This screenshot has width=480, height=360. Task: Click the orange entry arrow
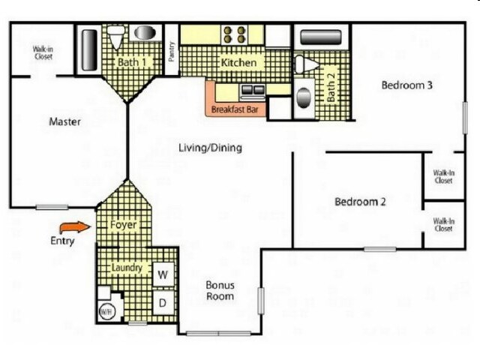click(x=75, y=227)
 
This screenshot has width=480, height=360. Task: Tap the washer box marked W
click(x=163, y=274)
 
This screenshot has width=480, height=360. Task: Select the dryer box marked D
click(x=163, y=302)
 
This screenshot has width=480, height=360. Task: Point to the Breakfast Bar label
click(x=235, y=109)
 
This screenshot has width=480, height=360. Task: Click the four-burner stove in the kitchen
click(x=235, y=34)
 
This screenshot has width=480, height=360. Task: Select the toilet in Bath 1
click(x=116, y=37)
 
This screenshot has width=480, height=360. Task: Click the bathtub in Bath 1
click(x=89, y=50)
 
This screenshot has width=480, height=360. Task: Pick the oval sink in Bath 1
click(x=145, y=33)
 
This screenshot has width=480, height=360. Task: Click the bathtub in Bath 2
click(x=320, y=37)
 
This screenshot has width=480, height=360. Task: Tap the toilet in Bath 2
click(x=307, y=64)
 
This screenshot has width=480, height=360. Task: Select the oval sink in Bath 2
click(x=304, y=98)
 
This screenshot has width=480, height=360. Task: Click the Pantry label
click(x=172, y=52)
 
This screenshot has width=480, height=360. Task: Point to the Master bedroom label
click(x=65, y=121)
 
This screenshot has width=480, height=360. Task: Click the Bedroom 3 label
click(x=406, y=85)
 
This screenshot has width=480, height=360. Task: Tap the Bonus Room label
click(x=220, y=290)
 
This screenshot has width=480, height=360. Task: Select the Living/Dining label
click(x=210, y=148)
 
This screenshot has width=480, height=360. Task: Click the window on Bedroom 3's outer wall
click(x=465, y=118)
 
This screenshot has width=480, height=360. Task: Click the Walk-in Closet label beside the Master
click(x=43, y=52)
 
